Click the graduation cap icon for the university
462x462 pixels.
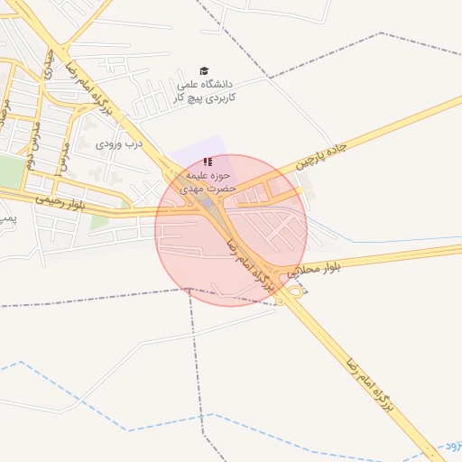[x=204, y=71]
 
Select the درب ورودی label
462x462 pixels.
[x=121, y=143]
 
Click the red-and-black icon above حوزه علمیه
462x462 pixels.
[x=208, y=162]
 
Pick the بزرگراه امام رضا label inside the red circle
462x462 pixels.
[x=249, y=265]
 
